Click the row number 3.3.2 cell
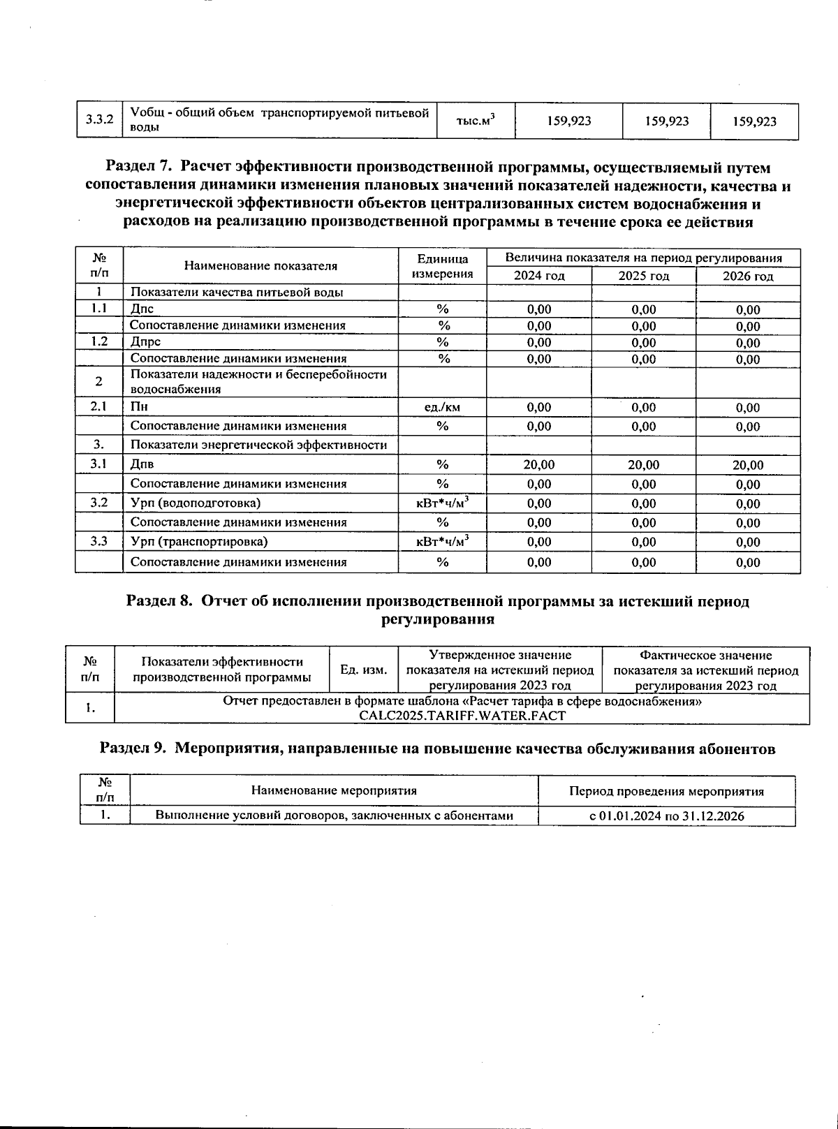coord(99,121)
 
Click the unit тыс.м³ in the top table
coord(475,121)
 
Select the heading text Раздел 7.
coord(138,168)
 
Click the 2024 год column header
coord(539,276)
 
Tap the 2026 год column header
coord(748,276)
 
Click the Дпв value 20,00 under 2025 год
coord(643,465)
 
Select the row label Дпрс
coord(145,342)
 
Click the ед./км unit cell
coord(442,408)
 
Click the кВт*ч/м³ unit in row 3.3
coord(442,542)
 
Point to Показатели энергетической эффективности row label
coord(258,445)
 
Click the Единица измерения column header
coord(442,266)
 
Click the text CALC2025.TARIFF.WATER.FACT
coord(462,716)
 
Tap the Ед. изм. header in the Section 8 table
coord(363,670)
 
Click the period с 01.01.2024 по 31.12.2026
coord(666,816)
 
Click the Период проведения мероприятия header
coord(666,792)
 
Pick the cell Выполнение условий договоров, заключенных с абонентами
coord(334,816)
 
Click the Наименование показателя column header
coord(260,266)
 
